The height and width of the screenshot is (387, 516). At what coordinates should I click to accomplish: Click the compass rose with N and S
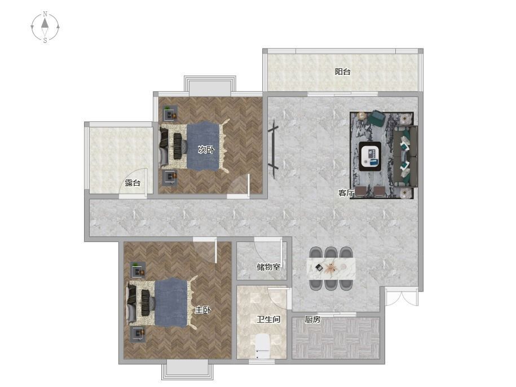(x=45, y=27)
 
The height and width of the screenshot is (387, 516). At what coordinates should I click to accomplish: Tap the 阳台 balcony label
(x=342, y=72)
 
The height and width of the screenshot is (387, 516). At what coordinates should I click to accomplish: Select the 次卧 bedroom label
(x=206, y=149)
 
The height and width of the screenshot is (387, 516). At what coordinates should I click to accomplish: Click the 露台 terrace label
(x=133, y=183)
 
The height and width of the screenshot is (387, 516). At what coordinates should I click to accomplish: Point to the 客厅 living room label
(x=346, y=193)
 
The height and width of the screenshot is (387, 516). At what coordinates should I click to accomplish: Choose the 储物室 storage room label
(x=268, y=266)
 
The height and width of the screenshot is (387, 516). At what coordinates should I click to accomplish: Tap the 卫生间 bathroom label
(x=268, y=319)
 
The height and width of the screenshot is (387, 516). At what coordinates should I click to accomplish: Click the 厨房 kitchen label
(x=312, y=319)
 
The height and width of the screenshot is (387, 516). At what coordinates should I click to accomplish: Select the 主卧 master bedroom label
(x=202, y=310)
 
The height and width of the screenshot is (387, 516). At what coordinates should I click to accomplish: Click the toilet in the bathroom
(x=263, y=345)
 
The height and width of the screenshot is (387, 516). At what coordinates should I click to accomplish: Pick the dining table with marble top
(x=331, y=268)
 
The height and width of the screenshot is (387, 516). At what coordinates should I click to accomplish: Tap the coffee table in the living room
(x=370, y=156)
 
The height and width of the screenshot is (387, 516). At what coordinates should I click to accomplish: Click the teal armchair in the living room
(x=377, y=118)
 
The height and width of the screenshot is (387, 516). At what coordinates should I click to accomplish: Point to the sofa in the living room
(x=406, y=156)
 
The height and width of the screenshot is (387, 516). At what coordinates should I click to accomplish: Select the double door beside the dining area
(x=402, y=296)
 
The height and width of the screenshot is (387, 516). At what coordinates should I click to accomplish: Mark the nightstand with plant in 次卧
(x=171, y=113)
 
